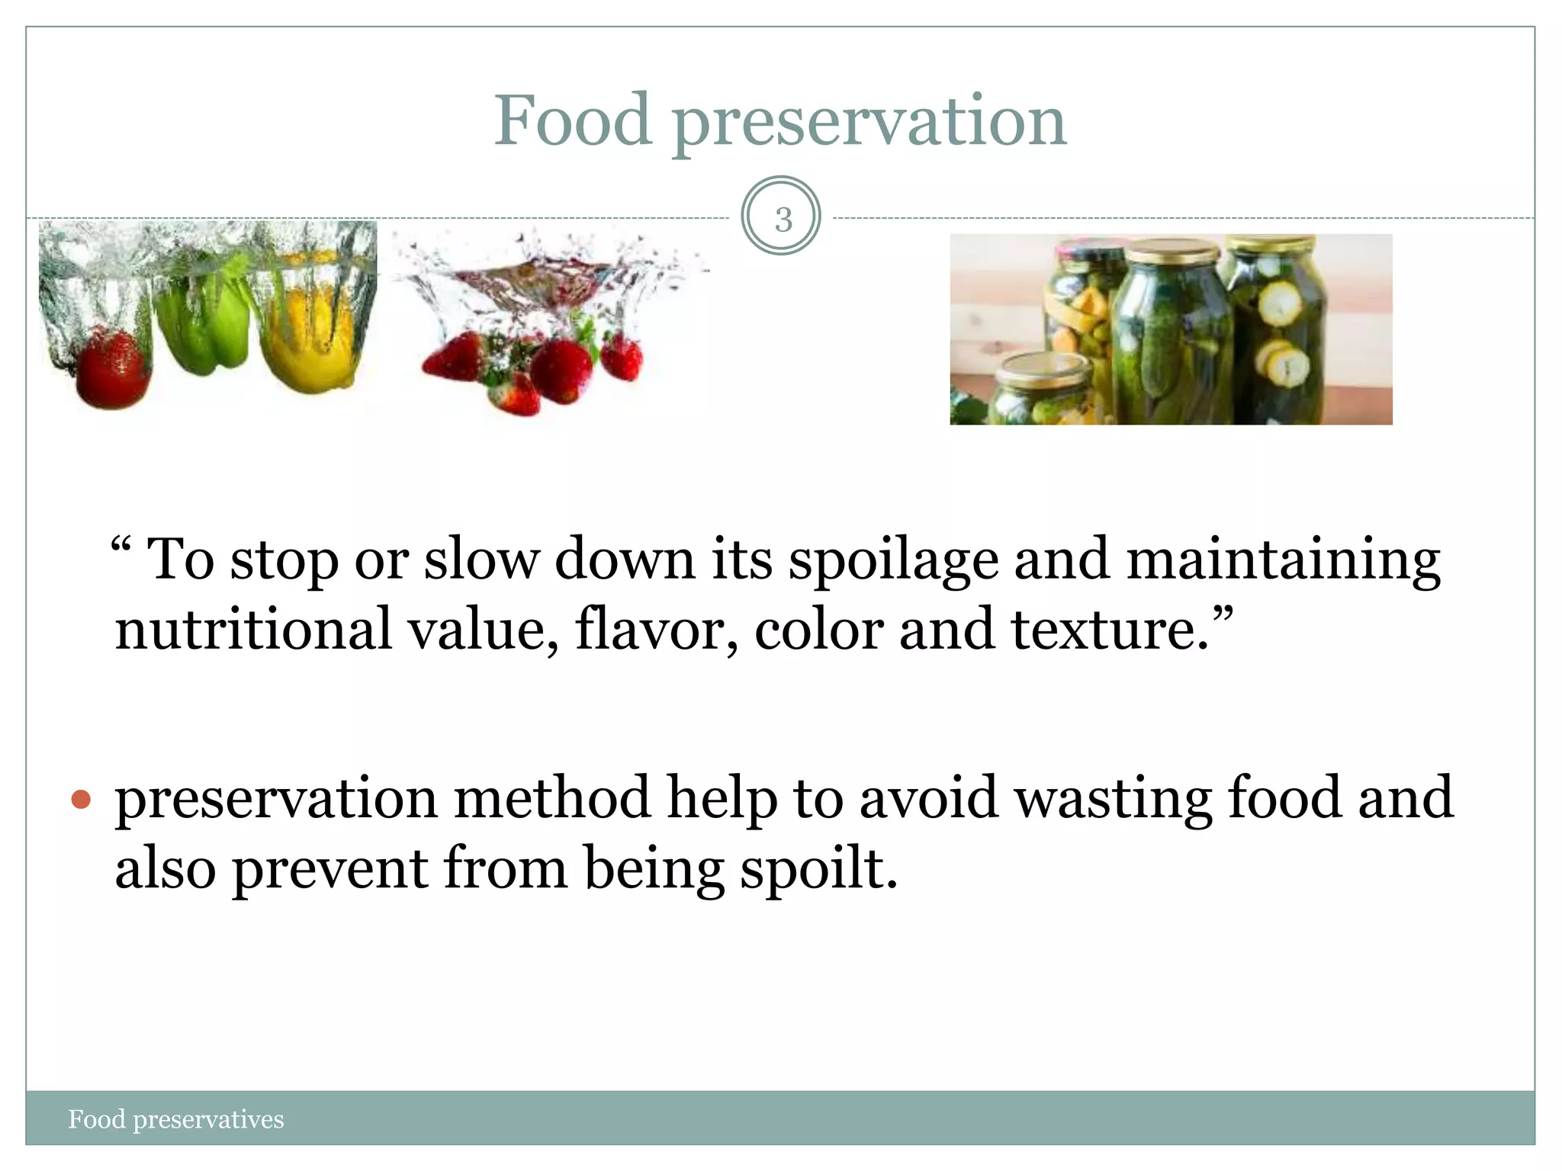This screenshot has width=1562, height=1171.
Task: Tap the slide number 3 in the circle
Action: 782,219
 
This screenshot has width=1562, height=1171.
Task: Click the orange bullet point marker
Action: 81,800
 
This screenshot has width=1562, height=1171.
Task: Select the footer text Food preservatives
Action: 176,1119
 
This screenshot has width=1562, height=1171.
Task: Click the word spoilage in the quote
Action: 893,560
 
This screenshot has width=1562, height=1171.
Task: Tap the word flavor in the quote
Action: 656,630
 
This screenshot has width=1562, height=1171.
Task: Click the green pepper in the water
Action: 202,320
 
